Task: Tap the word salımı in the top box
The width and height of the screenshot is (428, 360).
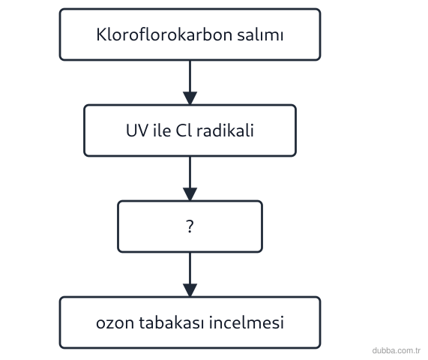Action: [260, 34]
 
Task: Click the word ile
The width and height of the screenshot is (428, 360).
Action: [162, 130]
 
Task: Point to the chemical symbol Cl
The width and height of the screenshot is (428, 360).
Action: [184, 130]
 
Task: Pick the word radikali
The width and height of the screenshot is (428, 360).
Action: [225, 130]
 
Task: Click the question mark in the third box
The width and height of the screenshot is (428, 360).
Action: [190, 226]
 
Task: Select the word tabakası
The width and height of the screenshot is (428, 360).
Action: [172, 322]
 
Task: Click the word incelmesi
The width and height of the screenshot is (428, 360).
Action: [247, 322]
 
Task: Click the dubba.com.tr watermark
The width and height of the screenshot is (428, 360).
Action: [396, 350]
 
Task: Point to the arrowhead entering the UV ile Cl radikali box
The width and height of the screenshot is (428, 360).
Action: [190, 98]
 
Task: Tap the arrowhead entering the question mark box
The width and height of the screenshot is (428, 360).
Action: [190, 194]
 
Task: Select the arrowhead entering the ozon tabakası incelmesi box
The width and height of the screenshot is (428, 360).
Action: [190, 290]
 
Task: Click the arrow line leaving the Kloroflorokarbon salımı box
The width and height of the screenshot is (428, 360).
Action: [190, 76]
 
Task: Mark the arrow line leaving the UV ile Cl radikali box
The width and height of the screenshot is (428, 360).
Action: [190, 172]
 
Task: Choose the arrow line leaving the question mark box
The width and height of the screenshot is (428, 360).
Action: [190, 268]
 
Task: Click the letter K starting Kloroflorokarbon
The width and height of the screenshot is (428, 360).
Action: [101, 34]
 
